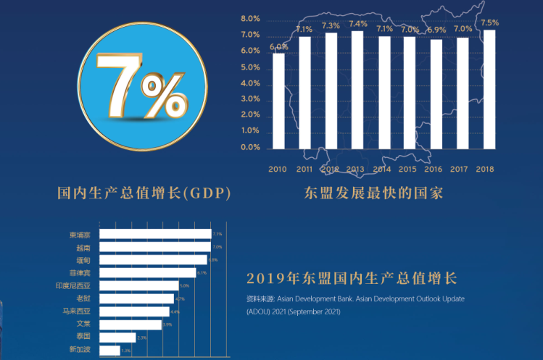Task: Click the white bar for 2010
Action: click(278, 100)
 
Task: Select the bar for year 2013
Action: click(357, 89)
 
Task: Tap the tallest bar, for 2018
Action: click(489, 88)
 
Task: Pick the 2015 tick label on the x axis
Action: click(409, 169)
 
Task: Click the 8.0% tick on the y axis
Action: click(250, 19)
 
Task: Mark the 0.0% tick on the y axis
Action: click(250, 147)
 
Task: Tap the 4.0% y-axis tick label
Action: click(250, 83)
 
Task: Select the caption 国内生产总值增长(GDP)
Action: click(144, 193)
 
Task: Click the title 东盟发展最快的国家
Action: click(374, 193)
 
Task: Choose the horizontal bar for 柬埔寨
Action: click(154, 234)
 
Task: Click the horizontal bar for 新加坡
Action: click(109, 351)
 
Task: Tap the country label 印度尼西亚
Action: click(75, 285)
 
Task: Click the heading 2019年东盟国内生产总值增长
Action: click(352, 278)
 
